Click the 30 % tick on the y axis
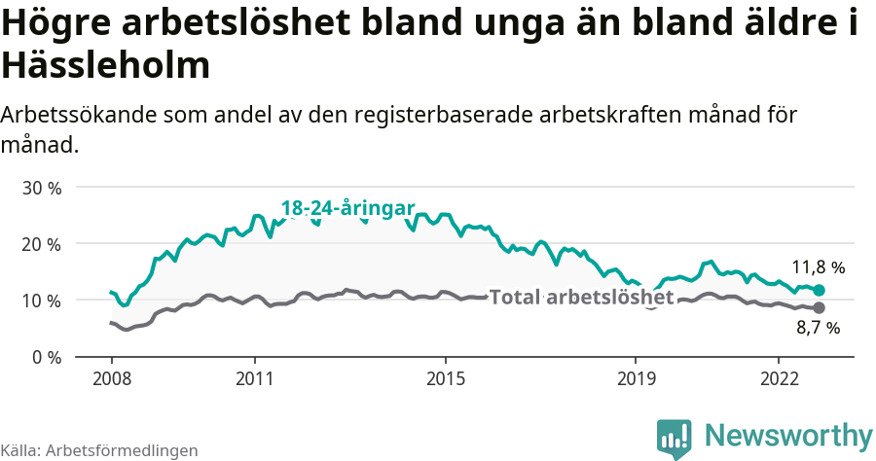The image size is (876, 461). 41,187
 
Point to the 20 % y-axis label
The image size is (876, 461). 41,243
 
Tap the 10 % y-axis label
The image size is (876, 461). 41,301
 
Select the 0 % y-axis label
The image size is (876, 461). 46,357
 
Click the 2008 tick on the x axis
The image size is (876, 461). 111,377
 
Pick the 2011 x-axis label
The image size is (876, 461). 254,377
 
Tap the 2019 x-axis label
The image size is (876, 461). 636,377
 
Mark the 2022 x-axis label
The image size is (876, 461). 779,377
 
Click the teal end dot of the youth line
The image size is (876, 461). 819,290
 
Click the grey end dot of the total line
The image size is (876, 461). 819,307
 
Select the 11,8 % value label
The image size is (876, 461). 818,266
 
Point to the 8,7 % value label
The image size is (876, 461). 818,329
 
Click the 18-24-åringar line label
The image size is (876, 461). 347,208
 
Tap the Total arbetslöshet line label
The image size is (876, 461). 581,297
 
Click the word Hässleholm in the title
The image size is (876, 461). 105,65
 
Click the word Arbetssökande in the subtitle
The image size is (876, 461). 80,115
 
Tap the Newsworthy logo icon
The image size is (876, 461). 674,438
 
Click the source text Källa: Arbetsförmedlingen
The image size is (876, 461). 99,450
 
